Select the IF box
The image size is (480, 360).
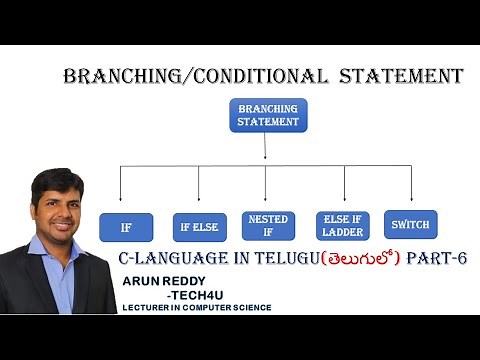tap(125, 228)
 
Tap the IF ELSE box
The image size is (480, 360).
tap(199, 228)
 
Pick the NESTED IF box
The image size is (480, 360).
tap(266, 225)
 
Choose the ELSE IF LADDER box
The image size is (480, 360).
tap(343, 225)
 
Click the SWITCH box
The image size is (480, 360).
tap(412, 225)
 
